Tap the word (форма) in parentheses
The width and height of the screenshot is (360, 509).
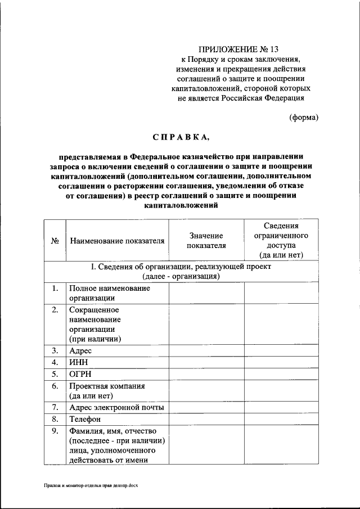coord(304,118)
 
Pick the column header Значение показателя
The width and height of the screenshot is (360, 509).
coord(206,241)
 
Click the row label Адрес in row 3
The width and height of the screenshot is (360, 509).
coord(80,350)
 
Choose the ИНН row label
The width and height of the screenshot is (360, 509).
coord(79,362)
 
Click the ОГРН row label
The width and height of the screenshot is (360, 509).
coord(80,374)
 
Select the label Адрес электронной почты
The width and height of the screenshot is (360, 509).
coord(117,407)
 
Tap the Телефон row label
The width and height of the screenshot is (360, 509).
coord(85,419)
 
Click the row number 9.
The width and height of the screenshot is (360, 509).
coord(55,431)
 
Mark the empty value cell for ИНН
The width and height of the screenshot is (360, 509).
coord(206,362)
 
